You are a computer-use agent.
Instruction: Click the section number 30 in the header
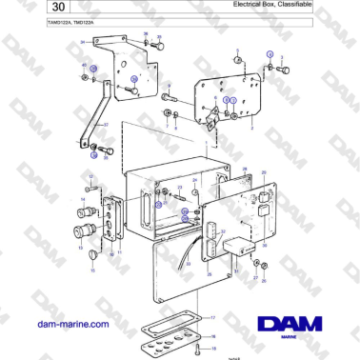click(31, 9)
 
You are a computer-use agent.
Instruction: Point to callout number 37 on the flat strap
click(106, 124)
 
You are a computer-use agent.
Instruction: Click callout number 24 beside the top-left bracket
click(83, 43)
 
